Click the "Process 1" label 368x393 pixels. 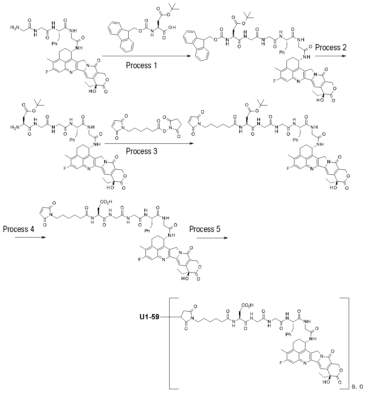tap(141, 65)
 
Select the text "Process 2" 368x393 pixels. tap(331, 47)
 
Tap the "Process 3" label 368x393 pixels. tap(141, 151)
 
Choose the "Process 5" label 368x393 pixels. tap(205, 229)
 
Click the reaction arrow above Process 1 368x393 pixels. tap(147, 55)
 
